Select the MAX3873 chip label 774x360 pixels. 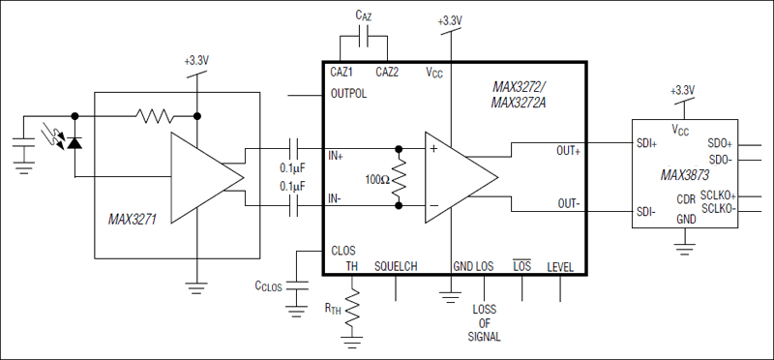pyautogui.click(x=686, y=176)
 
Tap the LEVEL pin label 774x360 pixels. pyautogui.click(x=560, y=266)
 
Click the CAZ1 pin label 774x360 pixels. pyautogui.click(x=342, y=73)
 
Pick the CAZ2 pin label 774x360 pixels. pyautogui.click(x=386, y=73)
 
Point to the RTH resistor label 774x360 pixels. pyautogui.click(x=332, y=309)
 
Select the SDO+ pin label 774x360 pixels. pyautogui.click(x=721, y=141)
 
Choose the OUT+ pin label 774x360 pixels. pyautogui.click(x=568, y=151)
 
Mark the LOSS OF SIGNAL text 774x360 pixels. pyautogui.click(x=485, y=323)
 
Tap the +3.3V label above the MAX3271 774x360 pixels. pyautogui.click(x=196, y=60)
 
